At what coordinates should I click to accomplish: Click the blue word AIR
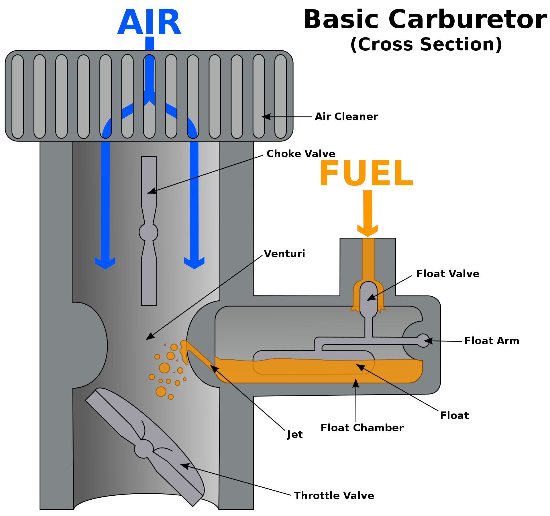[x=149, y=22]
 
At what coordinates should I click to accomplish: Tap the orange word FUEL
[x=366, y=174]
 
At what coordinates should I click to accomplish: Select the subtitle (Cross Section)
[x=426, y=45]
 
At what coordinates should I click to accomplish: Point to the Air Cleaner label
[x=346, y=117]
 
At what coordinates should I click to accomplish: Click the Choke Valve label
[x=301, y=154]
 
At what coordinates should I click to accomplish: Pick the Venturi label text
[x=284, y=254]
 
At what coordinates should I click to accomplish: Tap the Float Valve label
[x=448, y=274]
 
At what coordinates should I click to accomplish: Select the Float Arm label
[x=492, y=341]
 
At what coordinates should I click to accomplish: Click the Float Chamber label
[x=362, y=428]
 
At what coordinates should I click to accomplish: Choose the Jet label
[x=295, y=435]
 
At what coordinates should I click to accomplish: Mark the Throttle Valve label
[x=334, y=496]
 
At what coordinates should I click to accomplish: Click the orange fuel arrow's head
[x=368, y=231]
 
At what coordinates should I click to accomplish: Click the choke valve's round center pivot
[x=148, y=232]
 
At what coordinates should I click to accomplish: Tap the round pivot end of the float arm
[x=423, y=341]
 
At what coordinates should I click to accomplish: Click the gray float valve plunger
[x=368, y=300]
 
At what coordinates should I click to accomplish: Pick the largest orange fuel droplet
[x=164, y=368]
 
